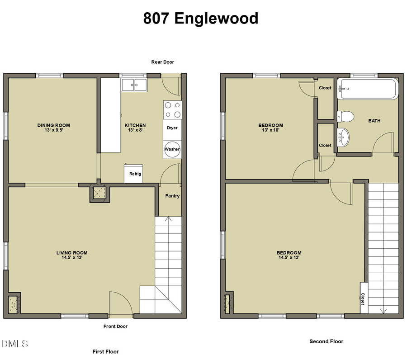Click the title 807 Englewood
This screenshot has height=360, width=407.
pyautogui.click(x=201, y=19)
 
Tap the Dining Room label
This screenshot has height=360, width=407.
pyautogui.click(x=53, y=125)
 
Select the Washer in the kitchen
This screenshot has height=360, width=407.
pyautogui.click(x=172, y=149)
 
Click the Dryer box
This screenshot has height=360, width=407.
pyautogui.click(x=172, y=128)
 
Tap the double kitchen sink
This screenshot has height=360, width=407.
pyautogui.click(x=134, y=85)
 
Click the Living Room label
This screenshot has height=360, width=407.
pyautogui.click(x=72, y=253)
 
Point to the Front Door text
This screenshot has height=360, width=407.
pyautogui.click(x=116, y=326)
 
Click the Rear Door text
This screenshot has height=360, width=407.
pyautogui.click(x=162, y=62)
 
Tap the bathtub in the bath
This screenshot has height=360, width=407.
pyautogui.click(x=369, y=89)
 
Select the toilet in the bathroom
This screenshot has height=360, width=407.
pyautogui.click(x=345, y=117)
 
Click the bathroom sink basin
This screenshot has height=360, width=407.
pyautogui.click(x=344, y=137)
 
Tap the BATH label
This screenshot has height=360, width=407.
pyautogui.click(x=374, y=121)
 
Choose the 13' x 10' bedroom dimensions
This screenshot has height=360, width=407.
pyautogui.click(x=270, y=130)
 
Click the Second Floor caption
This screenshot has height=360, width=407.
pyautogui.click(x=326, y=341)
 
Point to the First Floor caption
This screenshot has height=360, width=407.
pyautogui.click(x=105, y=351)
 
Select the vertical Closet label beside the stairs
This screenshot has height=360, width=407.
pyautogui.click(x=363, y=298)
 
